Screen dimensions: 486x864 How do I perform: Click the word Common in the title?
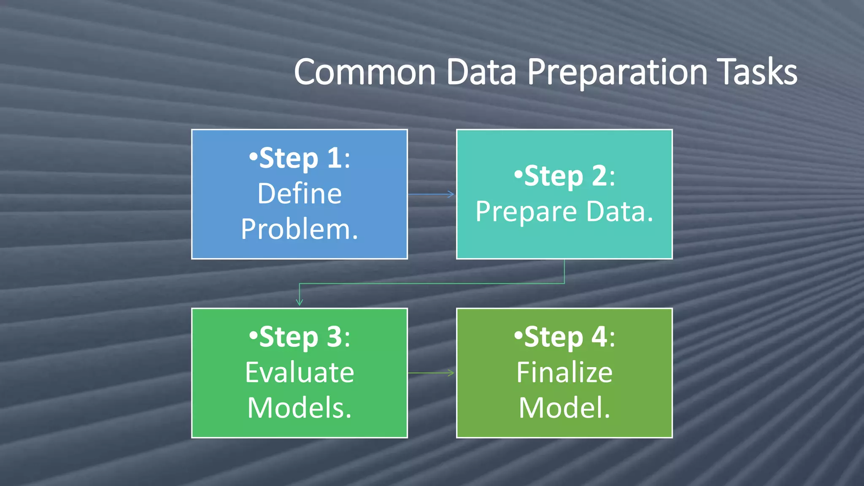pyautogui.click(x=364, y=73)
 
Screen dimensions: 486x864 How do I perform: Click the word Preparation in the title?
pyautogui.click(x=617, y=73)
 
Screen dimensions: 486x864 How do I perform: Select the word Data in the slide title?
pyautogui.click(x=481, y=73)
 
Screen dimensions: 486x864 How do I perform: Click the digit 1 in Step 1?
pyautogui.click(x=334, y=158)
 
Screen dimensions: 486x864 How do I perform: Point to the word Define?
pyautogui.click(x=300, y=194)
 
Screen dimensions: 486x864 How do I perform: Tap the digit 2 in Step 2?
pyautogui.click(x=599, y=176)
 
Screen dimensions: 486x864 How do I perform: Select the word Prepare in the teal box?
pyautogui.click(x=526, y=212)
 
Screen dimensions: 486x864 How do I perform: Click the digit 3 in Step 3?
pyautogui.click(x=334, y=337)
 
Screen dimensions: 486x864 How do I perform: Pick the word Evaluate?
pyautogui.click(x=300, y=373)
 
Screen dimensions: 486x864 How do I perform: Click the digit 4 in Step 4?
pyautogui.click(x=599, y=337)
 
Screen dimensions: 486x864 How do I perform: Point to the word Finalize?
pyautogui.click(x=564, y=373)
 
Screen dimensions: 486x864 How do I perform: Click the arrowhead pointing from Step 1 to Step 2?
pyautogui.click(x=451, y=194)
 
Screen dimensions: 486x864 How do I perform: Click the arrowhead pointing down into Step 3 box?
pyautogui.click(x=300, y=302)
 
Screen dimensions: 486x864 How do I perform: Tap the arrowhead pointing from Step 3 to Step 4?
pyautogui.click(x=451, y=373)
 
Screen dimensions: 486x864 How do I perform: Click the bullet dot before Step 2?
pyautogui.click(x=518, y=174)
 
